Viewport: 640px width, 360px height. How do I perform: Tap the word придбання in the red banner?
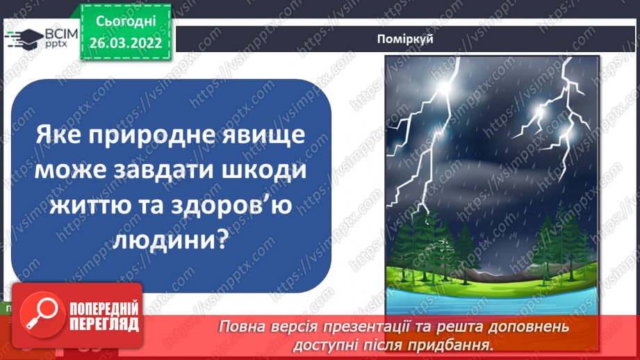point(459,343)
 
